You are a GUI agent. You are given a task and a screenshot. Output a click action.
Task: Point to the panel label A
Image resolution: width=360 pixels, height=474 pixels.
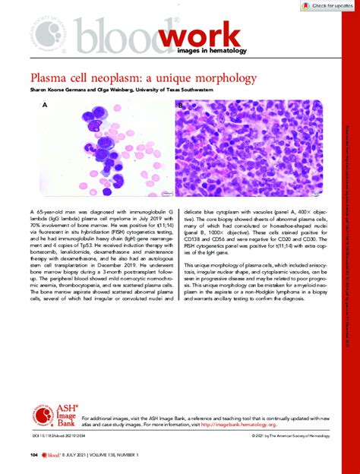[x=46, y=107]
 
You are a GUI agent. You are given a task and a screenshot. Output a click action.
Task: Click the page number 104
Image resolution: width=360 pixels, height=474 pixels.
[x=33, y=455]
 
